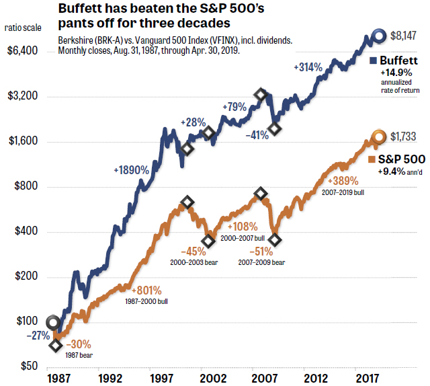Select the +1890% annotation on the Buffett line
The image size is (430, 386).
(131, 170)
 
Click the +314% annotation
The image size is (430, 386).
(308, 67)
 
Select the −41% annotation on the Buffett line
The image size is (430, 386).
(257, 134)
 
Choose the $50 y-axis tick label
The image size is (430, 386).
(28, 367)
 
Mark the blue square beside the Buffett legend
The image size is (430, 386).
(373, 61)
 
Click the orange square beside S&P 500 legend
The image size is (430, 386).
(373, 159)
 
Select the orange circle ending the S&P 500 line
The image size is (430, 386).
(379, 137)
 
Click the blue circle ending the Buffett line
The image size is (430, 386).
(379, 36)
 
